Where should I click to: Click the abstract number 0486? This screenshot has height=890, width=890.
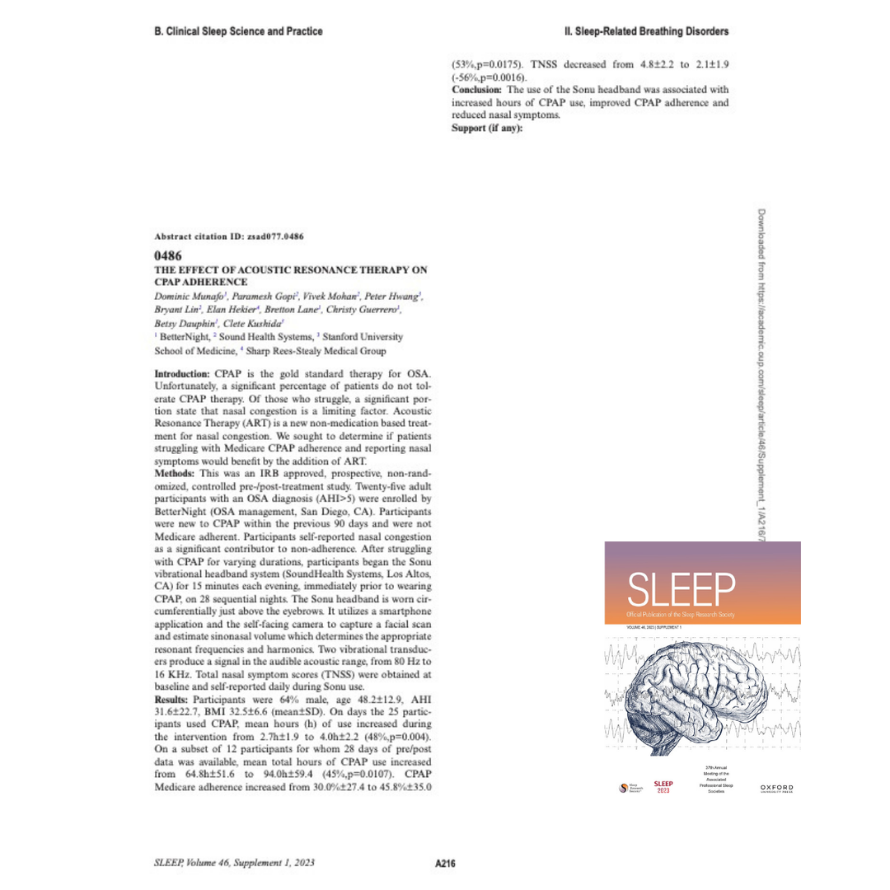point(167,256)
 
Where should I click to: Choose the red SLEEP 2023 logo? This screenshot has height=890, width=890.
point(663,787)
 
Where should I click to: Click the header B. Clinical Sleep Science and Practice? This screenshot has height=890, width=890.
point(238,31)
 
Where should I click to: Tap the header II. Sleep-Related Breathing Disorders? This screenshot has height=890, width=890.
point(647,31)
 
